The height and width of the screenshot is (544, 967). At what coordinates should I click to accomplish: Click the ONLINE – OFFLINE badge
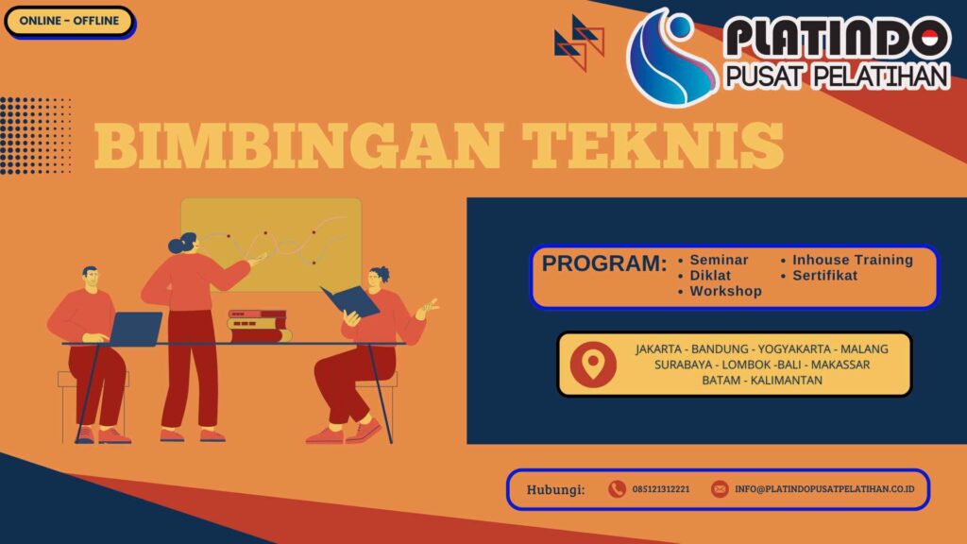(69, 21)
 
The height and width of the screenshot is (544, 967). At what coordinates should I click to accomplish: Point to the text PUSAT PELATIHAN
(836, 76)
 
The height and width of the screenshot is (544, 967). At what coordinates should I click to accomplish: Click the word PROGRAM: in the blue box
(604, 264)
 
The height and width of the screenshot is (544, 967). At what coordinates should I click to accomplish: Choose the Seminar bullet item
(719, 260)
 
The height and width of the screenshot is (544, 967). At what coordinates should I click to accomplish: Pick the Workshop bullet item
(725, 292)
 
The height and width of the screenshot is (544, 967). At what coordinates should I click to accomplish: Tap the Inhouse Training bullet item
(852, 260)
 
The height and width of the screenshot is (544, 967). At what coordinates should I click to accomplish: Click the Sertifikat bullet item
(824, 276)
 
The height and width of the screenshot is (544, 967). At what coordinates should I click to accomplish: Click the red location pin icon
(593, 364)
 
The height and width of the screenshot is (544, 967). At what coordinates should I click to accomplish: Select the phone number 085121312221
(661, 489)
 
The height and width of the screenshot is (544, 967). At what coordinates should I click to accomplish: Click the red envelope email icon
(720, 489)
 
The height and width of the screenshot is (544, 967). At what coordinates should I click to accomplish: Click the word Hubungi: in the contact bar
(556, 489)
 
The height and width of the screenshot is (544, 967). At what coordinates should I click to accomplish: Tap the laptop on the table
(135, 328)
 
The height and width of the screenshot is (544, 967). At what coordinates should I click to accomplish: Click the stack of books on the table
(258, 326)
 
